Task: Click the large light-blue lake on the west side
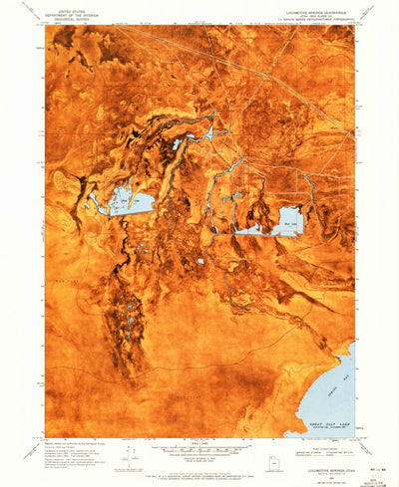pos(125,203)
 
